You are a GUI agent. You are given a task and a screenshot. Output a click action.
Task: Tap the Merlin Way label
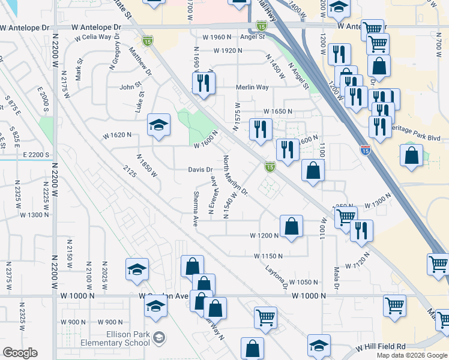(252, 87)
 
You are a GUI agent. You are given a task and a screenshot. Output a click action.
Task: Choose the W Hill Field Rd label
(380, 347)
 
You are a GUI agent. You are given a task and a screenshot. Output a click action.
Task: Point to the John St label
(129, 87)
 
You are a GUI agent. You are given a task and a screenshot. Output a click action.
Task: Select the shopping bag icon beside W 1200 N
(291, 227)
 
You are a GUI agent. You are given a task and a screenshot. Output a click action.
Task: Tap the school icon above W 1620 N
(158, 125)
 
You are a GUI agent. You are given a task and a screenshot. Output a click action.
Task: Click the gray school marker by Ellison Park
(158, 335)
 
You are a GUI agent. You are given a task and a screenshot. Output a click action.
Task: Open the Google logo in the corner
(20, 353)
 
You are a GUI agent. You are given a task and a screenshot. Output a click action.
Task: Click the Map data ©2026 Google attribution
(411, 355)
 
